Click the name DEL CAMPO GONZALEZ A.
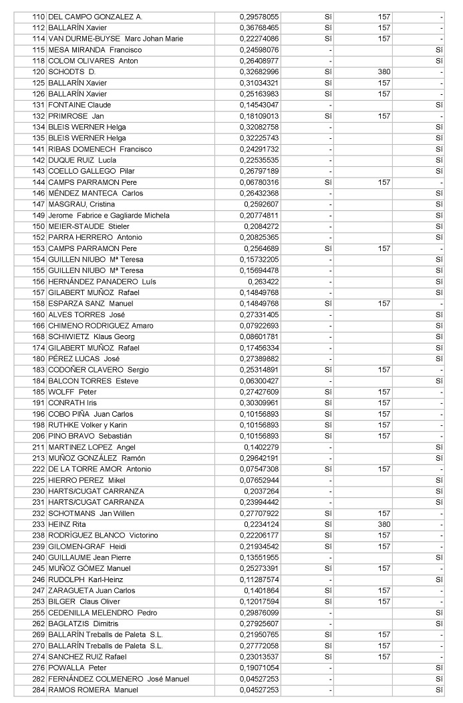click(95, 17)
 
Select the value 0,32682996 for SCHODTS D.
click(259, 71)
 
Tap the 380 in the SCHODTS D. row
click(383, 71)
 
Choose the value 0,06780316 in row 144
click(259, 182)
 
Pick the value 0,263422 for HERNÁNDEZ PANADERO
click(263, 282)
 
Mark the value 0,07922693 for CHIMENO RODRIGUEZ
click(259, 326)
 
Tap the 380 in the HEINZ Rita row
click(383, 524)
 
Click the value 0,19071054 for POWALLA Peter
click(259, 668)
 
